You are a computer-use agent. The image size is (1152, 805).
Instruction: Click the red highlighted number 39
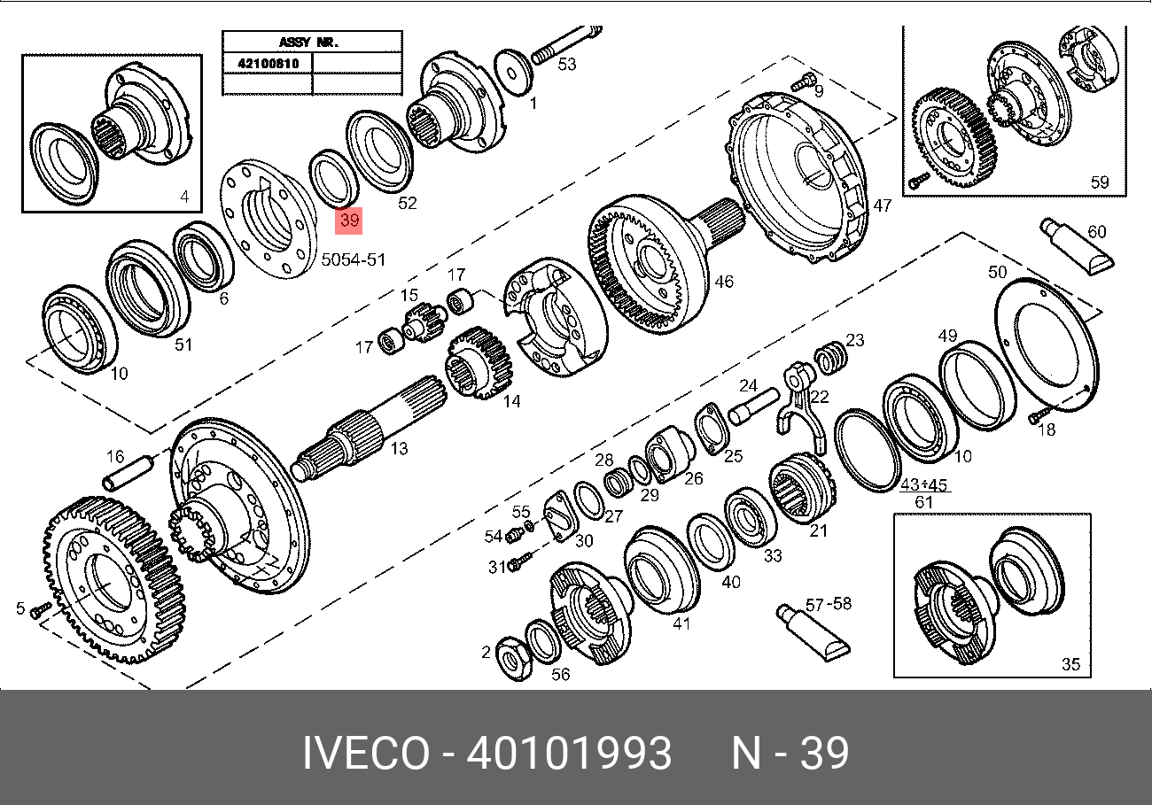click(x=348, y=221)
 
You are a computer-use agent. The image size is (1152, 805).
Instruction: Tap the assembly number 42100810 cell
click(x=268, y=63)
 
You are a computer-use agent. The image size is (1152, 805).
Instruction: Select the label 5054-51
click(x=354, y=259)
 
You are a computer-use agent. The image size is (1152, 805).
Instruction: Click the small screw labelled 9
click(x=803, y=82)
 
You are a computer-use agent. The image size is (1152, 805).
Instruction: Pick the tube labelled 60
click(x=1077, y=247)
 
